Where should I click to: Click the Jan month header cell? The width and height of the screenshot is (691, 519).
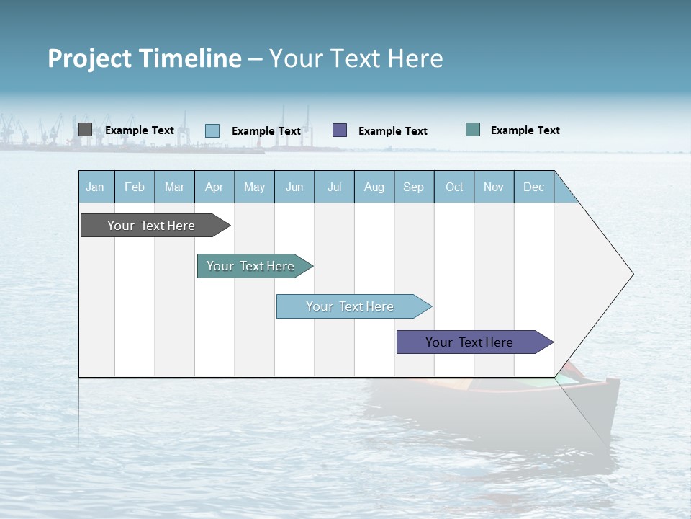pos(96,187)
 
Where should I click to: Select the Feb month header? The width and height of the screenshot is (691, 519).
pos(135,187)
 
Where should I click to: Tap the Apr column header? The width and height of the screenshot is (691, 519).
pos(214,187)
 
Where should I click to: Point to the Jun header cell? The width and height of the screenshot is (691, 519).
pos(294,187)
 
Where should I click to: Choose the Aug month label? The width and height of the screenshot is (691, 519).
pos(374,187)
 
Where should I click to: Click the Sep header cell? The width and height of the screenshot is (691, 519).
pos(414,187)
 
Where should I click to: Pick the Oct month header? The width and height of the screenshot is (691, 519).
pos(454,187)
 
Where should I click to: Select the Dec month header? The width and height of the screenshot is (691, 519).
pos(534,187)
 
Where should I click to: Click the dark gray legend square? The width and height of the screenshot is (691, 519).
pos(85,130)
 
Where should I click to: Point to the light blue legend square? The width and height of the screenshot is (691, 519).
pos(212,130)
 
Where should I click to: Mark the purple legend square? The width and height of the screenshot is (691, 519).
pos(340,130)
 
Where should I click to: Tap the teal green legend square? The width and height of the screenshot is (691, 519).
pos(473,130)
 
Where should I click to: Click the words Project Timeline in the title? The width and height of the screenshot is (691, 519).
pos(145,58)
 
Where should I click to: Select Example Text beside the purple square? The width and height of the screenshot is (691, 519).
pos(393,131)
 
